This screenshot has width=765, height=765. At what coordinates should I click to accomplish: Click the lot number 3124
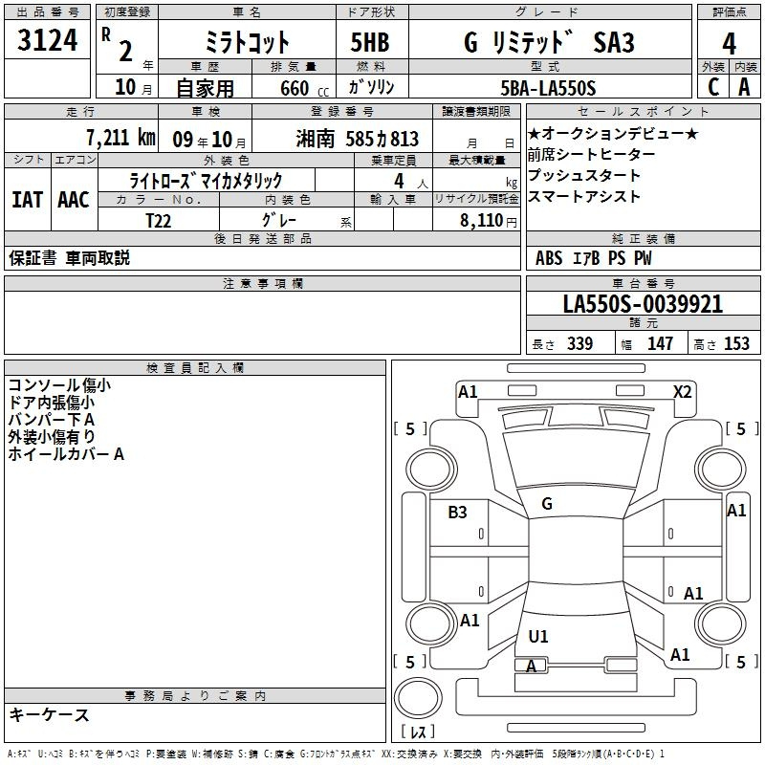click(47, 40)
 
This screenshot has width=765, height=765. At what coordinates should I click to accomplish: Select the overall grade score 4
click(729, 43)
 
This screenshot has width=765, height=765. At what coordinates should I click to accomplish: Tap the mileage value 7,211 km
click(120, 138)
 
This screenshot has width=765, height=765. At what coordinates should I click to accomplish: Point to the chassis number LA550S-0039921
click(643, 304)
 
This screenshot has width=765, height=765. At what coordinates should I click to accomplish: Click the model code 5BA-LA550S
click(548, 88)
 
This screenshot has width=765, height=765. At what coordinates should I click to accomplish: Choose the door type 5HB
click(370, 42)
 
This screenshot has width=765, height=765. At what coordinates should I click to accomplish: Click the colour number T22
click(158, 221)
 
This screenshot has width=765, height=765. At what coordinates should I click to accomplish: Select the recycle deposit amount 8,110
click(482, 221)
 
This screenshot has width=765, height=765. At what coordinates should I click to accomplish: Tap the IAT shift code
click(28, 200)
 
